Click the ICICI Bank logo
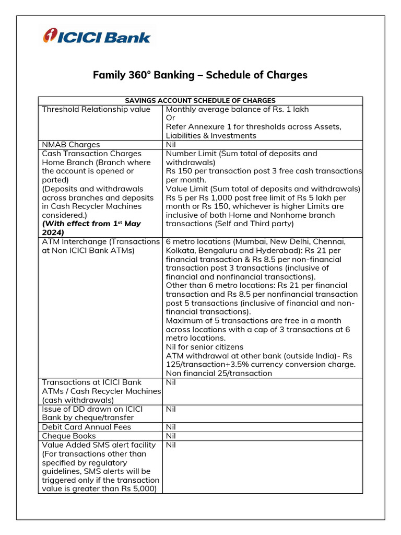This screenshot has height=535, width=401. [x=97, y=36]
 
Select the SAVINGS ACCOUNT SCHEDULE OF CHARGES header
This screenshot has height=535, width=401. [x=200, y=100]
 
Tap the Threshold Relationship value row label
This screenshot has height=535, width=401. [x=96, y=109]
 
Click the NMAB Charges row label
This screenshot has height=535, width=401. [x=70, y=145]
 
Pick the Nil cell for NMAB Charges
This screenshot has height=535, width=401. [x=171, y=145]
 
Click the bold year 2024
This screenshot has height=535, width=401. [x=53, y=232]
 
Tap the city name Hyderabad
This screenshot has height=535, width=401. [x=269, y=250]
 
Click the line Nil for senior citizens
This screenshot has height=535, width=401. [x=204, y=347]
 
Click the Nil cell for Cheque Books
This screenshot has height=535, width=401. [x=171, y=436]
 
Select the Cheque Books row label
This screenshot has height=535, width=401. [x=68, y=436]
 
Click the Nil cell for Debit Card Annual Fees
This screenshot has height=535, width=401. [x=171, y=427]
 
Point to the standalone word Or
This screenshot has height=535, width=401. [x=170, y=118]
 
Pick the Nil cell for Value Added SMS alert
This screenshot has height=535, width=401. [x=171, y=445]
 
